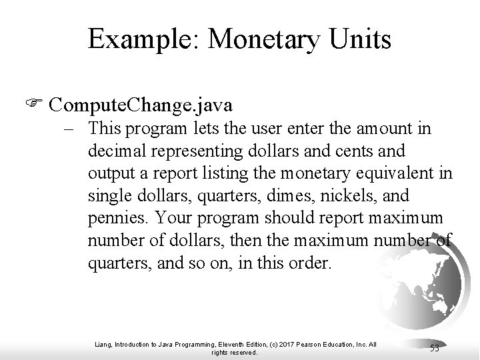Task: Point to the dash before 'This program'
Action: [75, 128]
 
